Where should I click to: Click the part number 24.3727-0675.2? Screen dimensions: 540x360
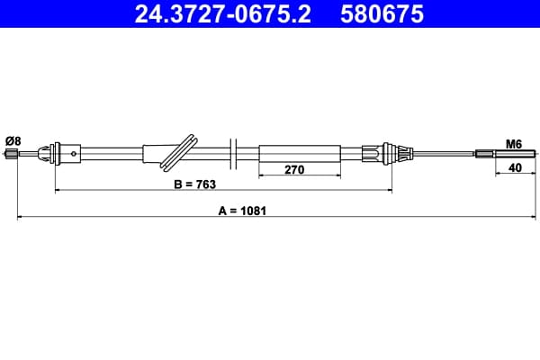(223, 13)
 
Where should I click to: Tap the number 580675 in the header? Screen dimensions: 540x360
(382, 13)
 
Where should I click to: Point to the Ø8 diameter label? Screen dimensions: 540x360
(13, 141)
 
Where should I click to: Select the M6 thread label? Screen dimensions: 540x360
(514, 144)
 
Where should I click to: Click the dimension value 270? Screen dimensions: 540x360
(294, 169)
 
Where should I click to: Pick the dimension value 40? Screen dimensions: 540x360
(515, 167)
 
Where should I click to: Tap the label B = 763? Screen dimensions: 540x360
(195, 184)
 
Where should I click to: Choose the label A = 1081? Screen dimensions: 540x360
(242, 211)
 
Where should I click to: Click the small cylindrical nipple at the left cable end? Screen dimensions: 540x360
(12, 154)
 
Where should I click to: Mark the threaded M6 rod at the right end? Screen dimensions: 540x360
(506, 154)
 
